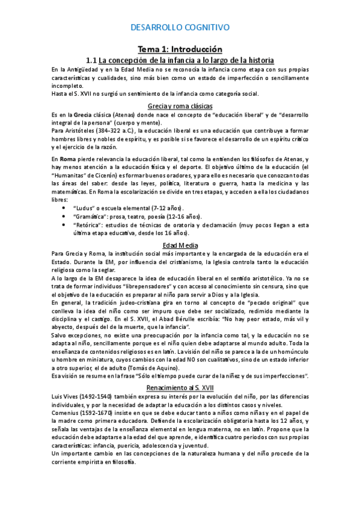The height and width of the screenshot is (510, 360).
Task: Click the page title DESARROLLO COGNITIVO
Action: pyautogui.click(x=180, y=28)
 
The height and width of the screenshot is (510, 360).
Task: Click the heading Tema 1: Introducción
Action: pyautogui.click(x=180, y=49)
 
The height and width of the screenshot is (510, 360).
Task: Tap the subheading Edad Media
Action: pyautogui.click(x=180, y=245)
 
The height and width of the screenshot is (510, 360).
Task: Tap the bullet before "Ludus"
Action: pyautogui.click(x=64, y=207)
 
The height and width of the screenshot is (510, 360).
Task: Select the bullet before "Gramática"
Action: pyautogui.click(x=64, y=217)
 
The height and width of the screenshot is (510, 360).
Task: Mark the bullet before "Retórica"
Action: pyautogui.click(x=64, y=225)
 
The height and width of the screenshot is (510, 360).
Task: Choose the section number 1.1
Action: pyautogui.click(x=92, y=61)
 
